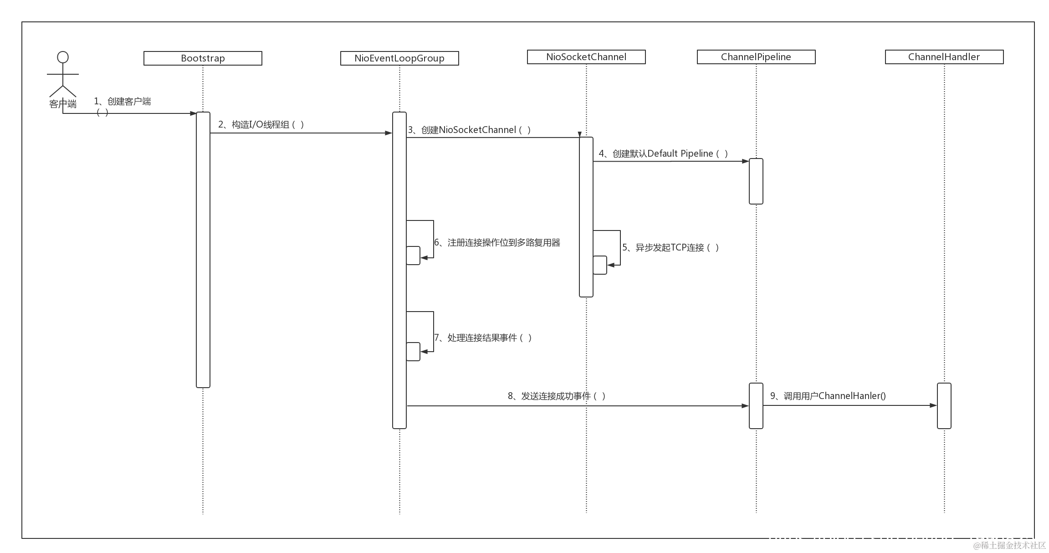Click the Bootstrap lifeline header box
click(x=203, y=58)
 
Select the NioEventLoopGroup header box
click(x=399, y=58)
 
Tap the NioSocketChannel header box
click(x=586, y=57)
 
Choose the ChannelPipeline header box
click(x=756, y=57)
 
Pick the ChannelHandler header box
click(x=944, y=57)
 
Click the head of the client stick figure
click(x=63, y=57)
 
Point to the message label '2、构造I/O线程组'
click(x=261, y=124)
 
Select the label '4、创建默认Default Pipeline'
click(x=663, y=154)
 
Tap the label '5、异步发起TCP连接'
click(x=670, y=247)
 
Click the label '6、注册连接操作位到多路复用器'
click(x=497, y=242)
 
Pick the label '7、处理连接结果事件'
click(x=483, y=338)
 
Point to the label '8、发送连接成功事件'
click(x=557, y=396)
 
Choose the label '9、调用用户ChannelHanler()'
click(x=828, y=396)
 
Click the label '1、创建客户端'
click(x=123, y=101)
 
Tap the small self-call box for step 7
click(x=413, y=352)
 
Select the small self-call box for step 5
click(x=600, y=265)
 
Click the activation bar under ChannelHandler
click(x=944, y=406)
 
